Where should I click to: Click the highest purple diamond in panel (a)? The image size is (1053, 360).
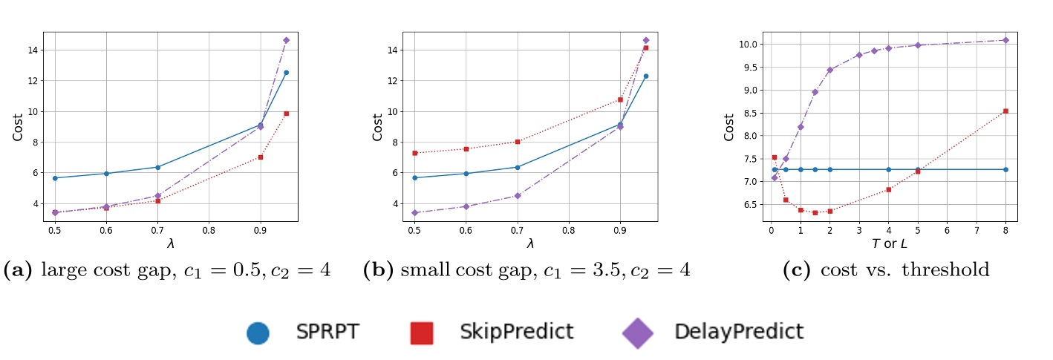pyautogui.click(x=286, y=40)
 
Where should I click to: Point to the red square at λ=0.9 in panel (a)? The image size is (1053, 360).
pyautogui.click(x=261, y=157)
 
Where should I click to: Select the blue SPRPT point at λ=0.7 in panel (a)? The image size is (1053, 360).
pyautogui.click(x=157, y=167)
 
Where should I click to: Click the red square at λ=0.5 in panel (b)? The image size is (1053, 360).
pyautogui.click(x=414, y=153)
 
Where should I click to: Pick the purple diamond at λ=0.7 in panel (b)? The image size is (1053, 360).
pyautogui.click(x=518, y=196)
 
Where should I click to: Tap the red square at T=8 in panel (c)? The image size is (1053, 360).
pyautogui.click(x=1005, y=111)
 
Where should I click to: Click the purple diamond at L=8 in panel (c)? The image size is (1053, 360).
pyautogui.click(x=1005, y=40)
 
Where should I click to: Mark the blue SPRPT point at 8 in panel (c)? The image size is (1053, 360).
pyautogui.click(x=1005, y=169)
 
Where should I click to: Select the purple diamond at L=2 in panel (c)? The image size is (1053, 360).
pyautogui.click(x=829, y=70)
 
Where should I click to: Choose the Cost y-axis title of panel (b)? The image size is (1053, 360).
pyautogui.click(x=377, y=128)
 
